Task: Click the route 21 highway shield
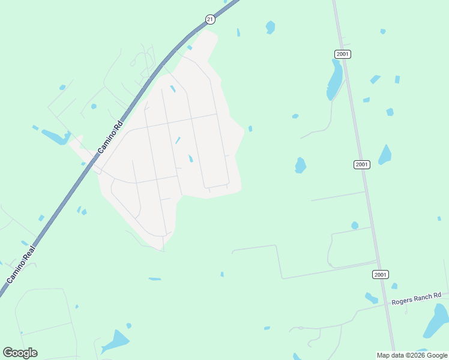[x=209, y=19]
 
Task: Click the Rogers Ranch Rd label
[x=416, y=298]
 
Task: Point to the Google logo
[x=20, y=353]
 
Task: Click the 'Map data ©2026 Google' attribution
[x=412, y=355]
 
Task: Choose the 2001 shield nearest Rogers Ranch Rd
[x=379, y=274]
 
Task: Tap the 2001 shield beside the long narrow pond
[x=342, y=54]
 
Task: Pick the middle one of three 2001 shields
[x=361, y=164]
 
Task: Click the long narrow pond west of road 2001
[x=334, y=80]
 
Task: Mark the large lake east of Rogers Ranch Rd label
[x=436, y=321]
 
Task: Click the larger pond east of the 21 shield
[x=271, y=27]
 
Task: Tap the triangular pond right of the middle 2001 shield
[x=385, y=155]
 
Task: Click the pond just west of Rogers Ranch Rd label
[x=372, y=298]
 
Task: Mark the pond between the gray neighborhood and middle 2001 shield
[x=300, y=164]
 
